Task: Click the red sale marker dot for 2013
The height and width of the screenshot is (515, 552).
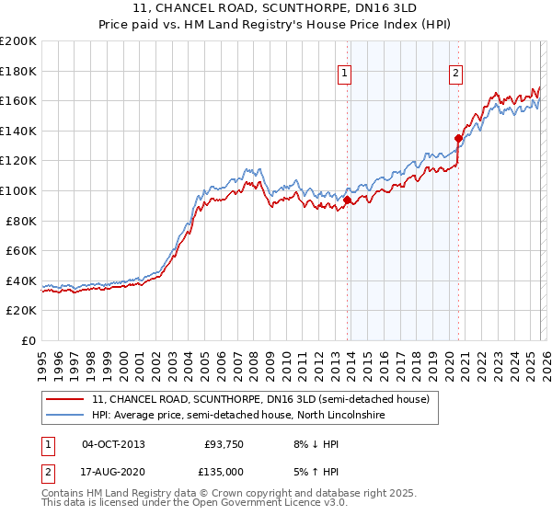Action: point(348,200)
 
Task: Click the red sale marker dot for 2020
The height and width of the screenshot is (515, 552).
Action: point(458,138)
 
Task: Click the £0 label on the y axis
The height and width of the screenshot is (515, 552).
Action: point(28,340)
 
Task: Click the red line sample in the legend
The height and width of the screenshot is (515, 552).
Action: point(65,400)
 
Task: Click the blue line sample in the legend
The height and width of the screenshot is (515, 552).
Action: point(65,416)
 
